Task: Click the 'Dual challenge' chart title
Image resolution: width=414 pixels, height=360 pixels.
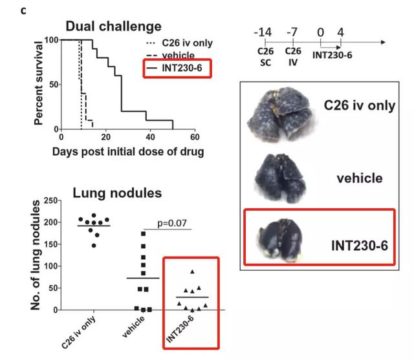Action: [114, 26]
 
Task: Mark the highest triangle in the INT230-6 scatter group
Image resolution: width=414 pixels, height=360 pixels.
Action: [192, 272]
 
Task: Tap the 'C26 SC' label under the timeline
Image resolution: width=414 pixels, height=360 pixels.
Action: [265, 56]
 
